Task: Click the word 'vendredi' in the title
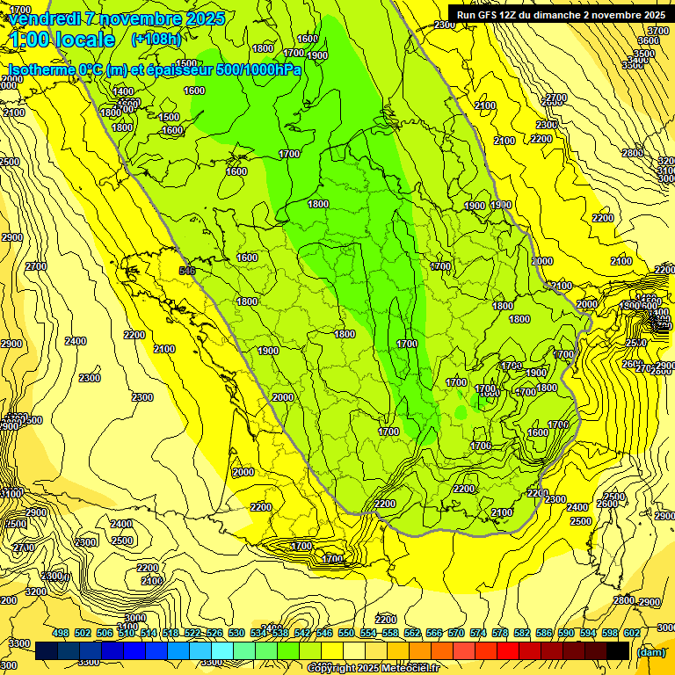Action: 44,18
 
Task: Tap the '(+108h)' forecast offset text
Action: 156,40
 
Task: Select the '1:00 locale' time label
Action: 62,40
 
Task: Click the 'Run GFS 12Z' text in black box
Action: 488,15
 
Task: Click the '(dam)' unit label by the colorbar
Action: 650,651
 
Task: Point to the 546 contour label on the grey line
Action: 186,271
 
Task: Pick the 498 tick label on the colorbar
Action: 61,633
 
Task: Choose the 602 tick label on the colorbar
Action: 632,633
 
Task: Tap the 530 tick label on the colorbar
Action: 236,633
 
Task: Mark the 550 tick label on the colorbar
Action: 346,633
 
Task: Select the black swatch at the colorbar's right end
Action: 619,650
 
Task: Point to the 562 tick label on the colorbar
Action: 412,633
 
